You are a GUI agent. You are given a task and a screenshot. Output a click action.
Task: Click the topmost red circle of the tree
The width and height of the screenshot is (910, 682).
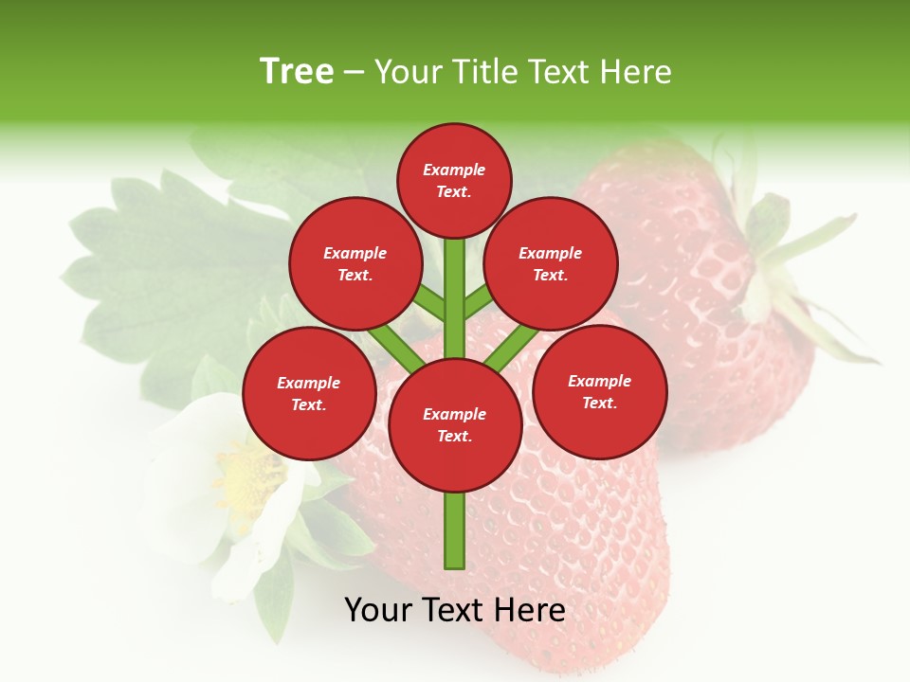(x=454, y=180)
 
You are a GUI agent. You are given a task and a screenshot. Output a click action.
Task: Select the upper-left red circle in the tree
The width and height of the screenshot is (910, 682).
(x=355, y=263)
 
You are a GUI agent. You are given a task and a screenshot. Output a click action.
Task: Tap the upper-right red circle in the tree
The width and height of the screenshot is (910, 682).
(x=551, y=263)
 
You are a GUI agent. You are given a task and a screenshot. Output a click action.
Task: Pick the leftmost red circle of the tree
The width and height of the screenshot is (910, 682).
(x=308, y=393)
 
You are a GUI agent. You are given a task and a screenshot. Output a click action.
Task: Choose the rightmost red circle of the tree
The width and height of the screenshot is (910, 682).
(x=599, y=391)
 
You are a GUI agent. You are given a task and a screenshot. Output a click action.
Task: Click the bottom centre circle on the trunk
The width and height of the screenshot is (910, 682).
(x=454, y=424)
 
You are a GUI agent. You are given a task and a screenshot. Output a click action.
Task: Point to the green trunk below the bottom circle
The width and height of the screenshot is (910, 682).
(x=454, y=530)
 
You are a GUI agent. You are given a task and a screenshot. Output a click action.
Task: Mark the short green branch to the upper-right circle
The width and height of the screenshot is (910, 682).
(x=478, y=301)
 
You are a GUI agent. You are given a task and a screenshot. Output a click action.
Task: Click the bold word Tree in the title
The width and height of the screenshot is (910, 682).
(x=297, y=71)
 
